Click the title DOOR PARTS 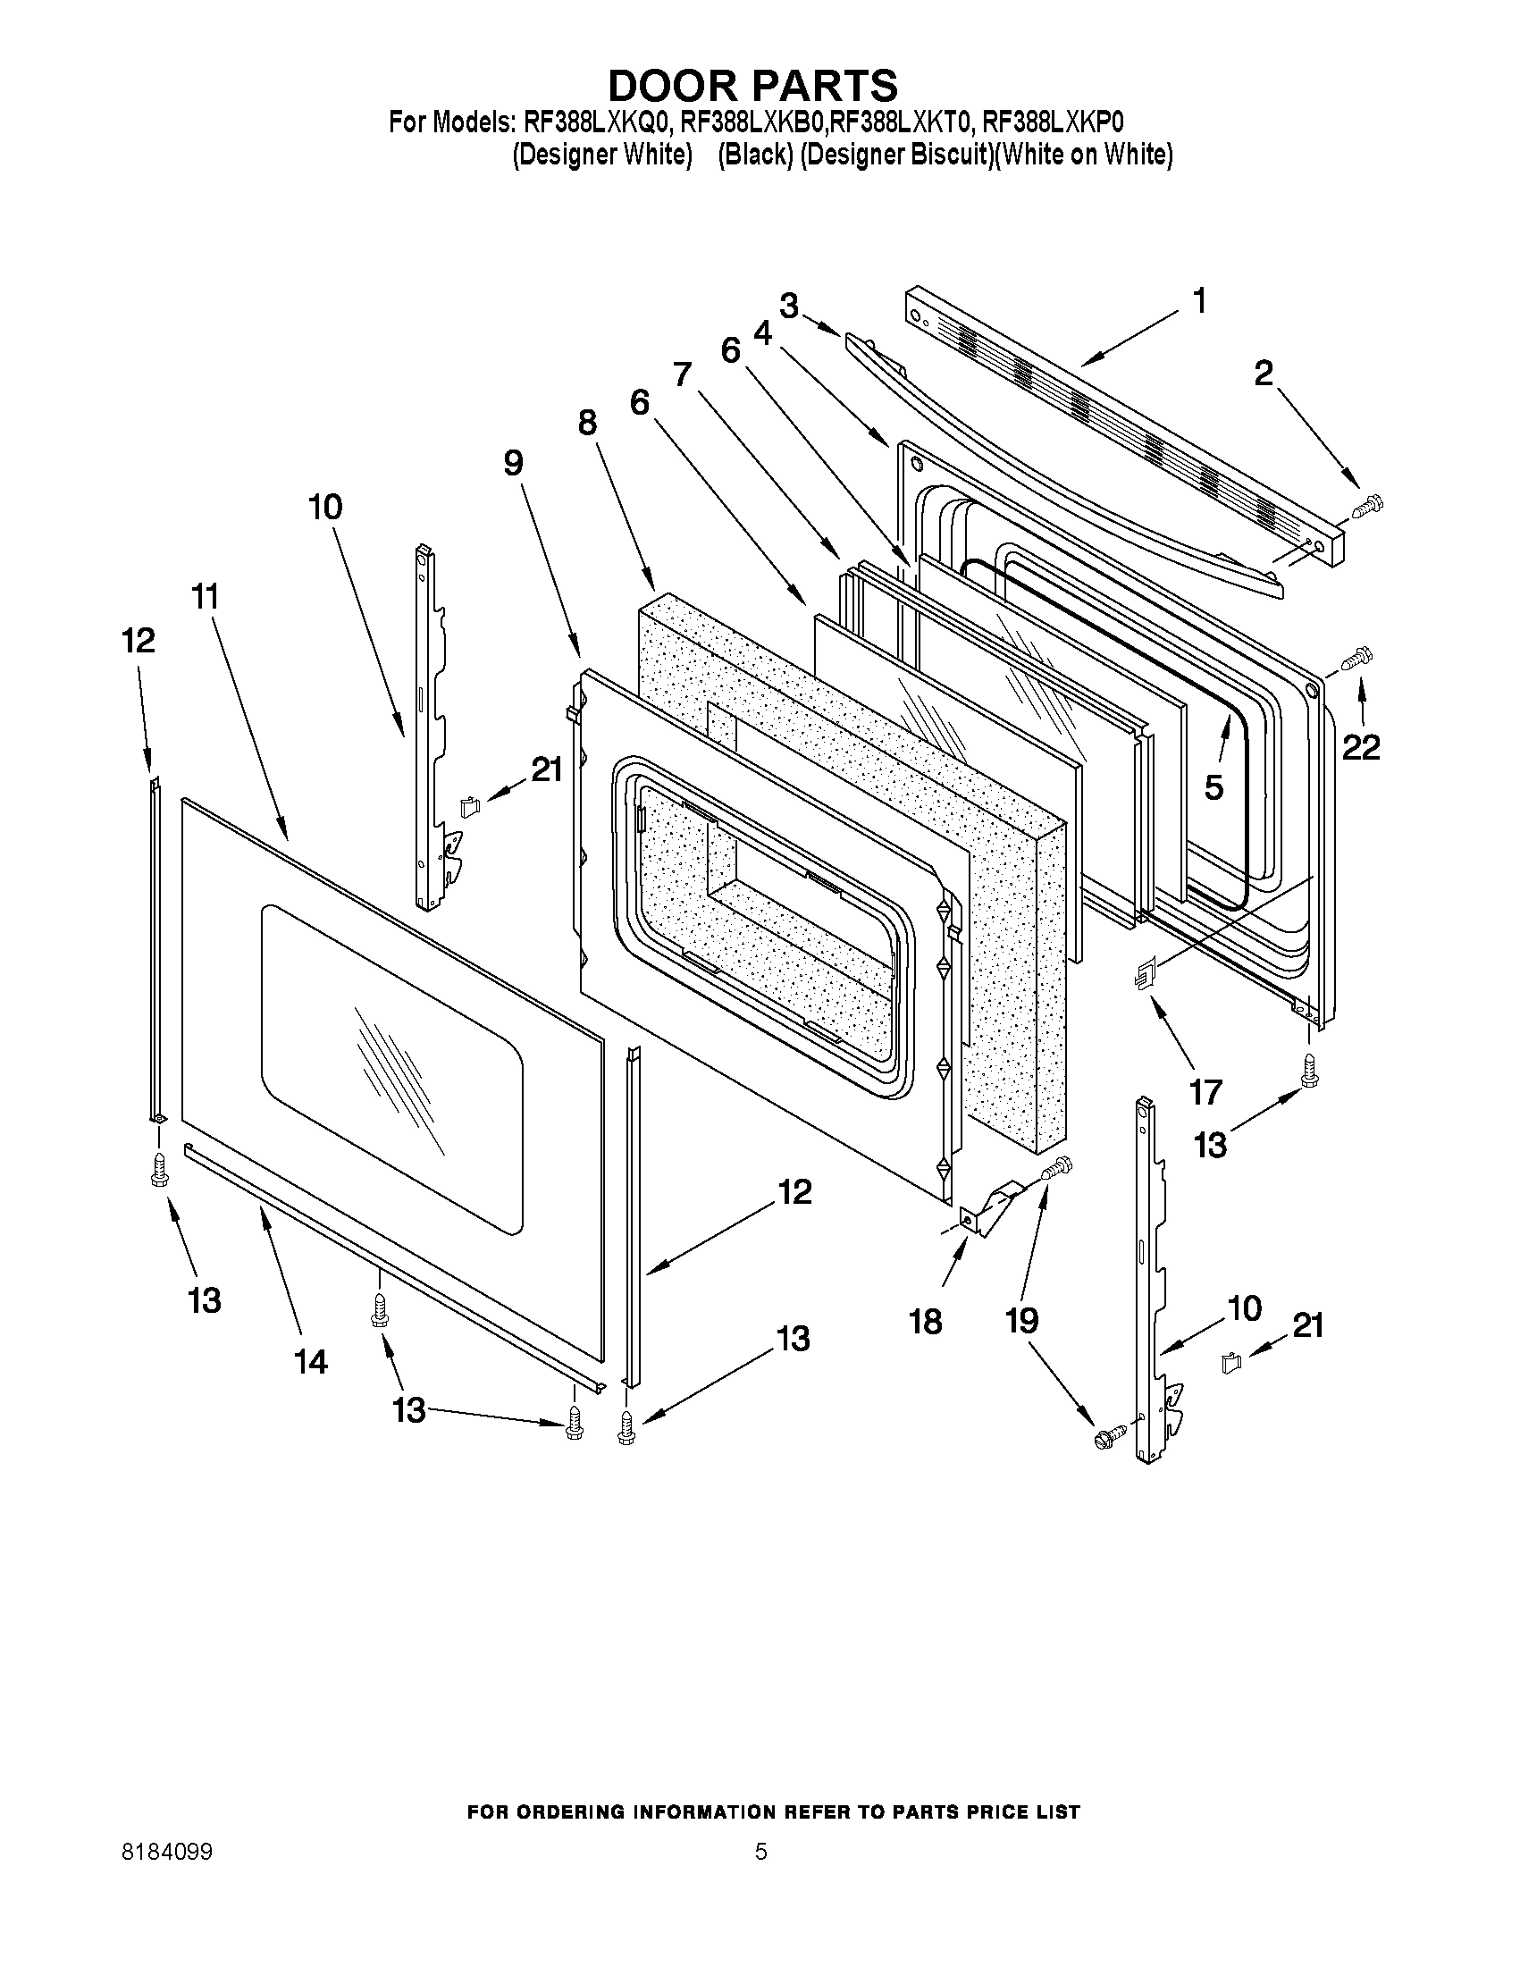[752, 86]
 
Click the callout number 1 [1199, 301]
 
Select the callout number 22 [1361, 745]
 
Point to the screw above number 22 [1355, 658]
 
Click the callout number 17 [1205, 1091]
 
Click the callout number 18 [925, 1320]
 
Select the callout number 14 [310, 1361]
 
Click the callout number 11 [206, 596]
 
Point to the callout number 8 [587, 422]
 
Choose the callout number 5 [1213, 787]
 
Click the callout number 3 [789, 307]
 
